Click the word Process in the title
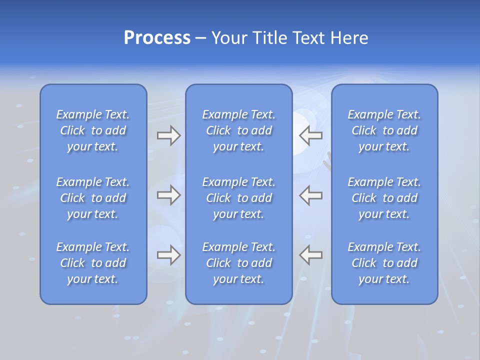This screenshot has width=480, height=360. point(157,38)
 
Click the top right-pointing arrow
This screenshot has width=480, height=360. point(169,135)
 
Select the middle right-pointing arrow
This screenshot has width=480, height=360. point(169,195)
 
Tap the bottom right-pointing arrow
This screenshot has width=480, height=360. point(169,255)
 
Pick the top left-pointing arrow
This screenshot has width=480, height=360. point(310,135)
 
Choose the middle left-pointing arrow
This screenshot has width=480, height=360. point(310,195)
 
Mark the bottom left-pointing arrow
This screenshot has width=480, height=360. point(310,255)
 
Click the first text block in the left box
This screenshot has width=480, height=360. point(93,130)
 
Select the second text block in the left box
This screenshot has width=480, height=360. point(93,198)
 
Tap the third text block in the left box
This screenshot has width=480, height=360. point(93,263)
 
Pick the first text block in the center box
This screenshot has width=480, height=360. point(239,130)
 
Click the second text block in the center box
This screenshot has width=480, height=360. point(239,198)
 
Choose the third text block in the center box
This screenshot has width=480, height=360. point(239,263)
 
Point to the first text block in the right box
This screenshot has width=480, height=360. point(384,130)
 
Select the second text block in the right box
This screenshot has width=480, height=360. point(384,198)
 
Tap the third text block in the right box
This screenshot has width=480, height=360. point(384,263)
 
